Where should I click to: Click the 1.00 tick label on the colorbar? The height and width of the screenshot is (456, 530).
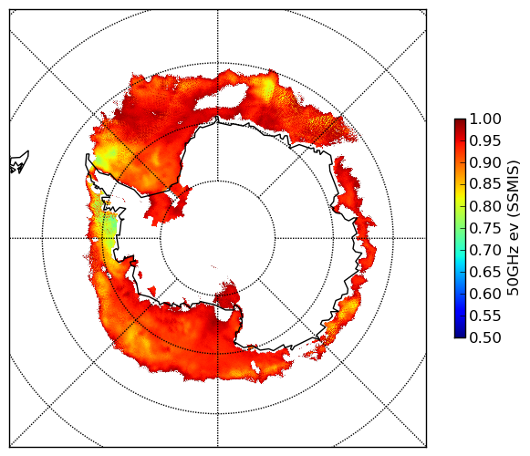[485, 119]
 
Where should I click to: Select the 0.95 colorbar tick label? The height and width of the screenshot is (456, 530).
[485, 141]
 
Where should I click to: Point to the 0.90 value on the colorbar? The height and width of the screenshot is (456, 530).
[485, 162]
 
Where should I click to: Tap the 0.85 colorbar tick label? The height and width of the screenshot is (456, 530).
[485, 184]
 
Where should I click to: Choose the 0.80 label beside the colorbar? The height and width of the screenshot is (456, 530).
[485, 206]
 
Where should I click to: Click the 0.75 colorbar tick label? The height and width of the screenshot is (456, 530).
[485, 228]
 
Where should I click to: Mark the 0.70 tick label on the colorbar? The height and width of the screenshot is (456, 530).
[485, 250]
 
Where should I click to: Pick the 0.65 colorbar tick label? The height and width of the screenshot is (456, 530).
[485, 272]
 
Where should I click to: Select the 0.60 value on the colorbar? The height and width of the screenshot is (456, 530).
[485, 294]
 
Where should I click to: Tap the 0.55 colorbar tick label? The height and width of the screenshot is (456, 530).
[485, 316]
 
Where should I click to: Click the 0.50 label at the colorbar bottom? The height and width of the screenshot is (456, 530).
[485, 337]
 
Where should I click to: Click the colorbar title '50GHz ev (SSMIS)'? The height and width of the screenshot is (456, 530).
[514, 228]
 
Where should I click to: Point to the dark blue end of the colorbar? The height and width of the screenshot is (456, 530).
[460, 335]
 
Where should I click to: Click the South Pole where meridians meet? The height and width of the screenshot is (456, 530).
[218, 238]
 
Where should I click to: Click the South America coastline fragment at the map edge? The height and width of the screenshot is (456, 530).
[19, 162]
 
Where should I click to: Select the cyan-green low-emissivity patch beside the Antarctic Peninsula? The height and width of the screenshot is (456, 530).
[110, 226]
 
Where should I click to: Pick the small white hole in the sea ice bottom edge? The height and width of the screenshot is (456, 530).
[255, 367]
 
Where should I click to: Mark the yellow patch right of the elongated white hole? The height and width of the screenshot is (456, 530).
[269, 88]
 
